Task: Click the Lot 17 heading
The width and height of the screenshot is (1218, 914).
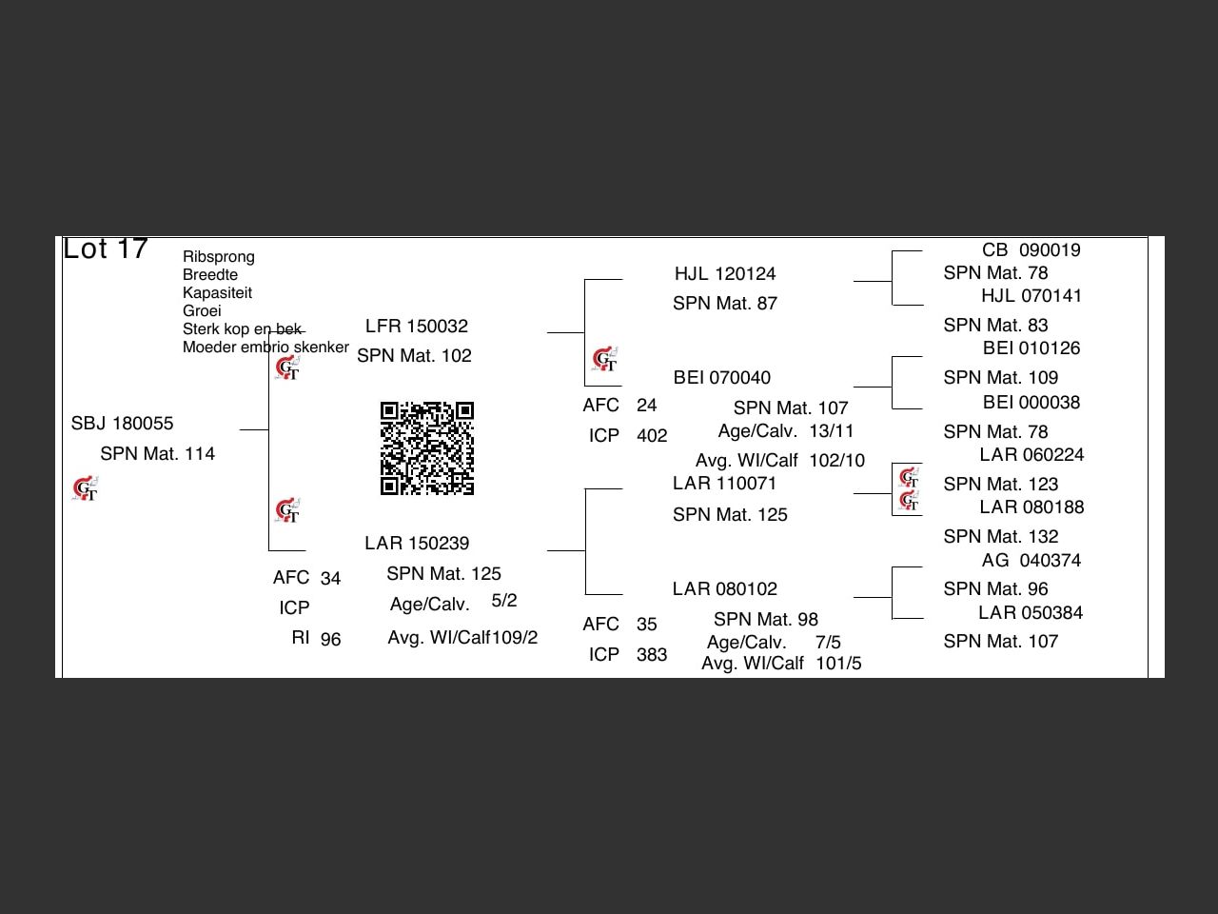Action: pyautogui.click(x=106, y=248)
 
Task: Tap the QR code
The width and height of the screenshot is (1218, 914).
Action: pyautogui.click(x=427, y=448)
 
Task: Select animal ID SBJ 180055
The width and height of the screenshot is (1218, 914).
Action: pyautogui.click(x=122, y=424)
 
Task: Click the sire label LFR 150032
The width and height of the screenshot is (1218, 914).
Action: pyautogui.click(x=417, y=327)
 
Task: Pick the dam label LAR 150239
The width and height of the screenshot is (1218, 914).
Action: pyautogui.click(x=417, y=544)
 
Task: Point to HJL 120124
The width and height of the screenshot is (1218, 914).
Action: pyautogui.click(x=725, y=274)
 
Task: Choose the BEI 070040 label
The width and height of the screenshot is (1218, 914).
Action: pyautogui.click(x=722, y=378)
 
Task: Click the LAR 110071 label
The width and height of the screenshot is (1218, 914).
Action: pyautogui.click(x=725, y=484)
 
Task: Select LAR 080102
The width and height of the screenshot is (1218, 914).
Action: pyautogui.click(x=725, y=589)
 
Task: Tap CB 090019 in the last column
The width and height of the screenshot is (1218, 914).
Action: pyautogui.click(x=1031, y=250)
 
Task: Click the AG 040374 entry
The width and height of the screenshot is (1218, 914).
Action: pyautogui.click(x=1031, y=561)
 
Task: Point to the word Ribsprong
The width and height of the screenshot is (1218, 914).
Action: pyautogui.click(x=219, y=257)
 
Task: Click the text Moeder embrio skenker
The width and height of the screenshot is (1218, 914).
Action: pyautogui.click(x=265, y=348)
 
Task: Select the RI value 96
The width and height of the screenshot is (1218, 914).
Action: pyautogui.click(x=330, y=640)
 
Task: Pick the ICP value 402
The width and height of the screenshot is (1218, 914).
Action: pyautogui.click(x=652, y=436)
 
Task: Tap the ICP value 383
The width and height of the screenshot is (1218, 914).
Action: pyautogui.click(x=652, y=655)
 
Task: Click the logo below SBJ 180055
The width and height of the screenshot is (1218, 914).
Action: pyautogui.click(x=86, y=488)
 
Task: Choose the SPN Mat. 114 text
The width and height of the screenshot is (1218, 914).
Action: pyautogui.click(x=158, y=454)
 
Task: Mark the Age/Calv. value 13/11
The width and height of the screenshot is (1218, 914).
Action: pyautogui.click(x=832, y=431)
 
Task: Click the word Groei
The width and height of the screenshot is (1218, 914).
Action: pyautogui.click(x=202, y=311)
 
